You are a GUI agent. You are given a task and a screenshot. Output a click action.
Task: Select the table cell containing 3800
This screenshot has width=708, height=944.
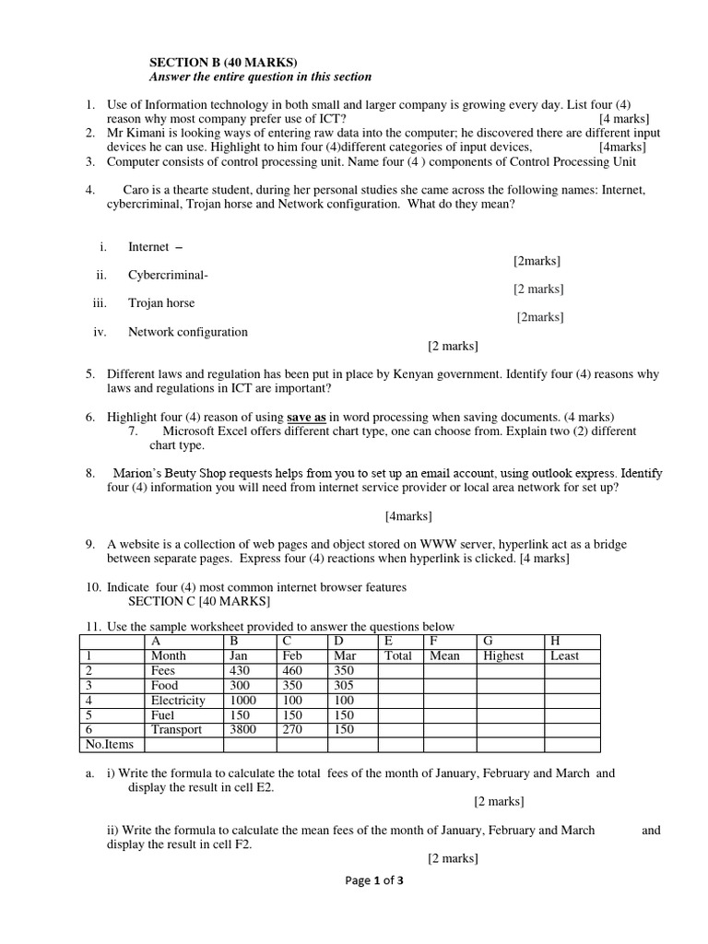pos(243,729)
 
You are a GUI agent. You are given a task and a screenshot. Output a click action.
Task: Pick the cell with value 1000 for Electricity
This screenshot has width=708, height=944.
pos(244,701)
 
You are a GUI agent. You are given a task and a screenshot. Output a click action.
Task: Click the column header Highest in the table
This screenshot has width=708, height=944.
pos(503,655)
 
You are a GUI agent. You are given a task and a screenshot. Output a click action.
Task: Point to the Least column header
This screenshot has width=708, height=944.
pos(564,655)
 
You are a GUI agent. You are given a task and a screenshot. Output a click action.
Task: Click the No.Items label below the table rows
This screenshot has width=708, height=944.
pos(109,744)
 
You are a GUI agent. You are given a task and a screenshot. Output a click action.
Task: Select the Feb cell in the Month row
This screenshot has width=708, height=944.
pos(292,655)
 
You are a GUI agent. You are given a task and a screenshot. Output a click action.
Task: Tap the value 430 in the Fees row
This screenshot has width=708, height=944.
pos(239,671)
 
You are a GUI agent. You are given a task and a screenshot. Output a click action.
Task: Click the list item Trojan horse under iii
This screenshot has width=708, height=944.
pos(161,302)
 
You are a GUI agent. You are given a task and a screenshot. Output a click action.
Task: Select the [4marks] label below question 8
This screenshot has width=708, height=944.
pos(408,515)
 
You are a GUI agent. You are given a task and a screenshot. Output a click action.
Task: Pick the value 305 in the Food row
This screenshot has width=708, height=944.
pos(341,686)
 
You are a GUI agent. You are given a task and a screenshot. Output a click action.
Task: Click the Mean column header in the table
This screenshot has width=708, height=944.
pos(444,655)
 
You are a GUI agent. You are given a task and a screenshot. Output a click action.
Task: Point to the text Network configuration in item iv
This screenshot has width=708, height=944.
pos(188,332)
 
